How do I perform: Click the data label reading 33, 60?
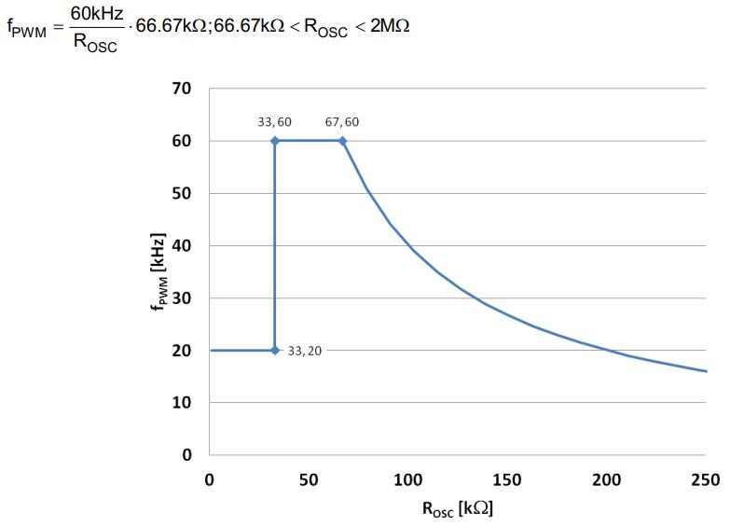[x=275, y=122]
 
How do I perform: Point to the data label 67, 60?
[x=342, y=122]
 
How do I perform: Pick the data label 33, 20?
[x=305, y=351]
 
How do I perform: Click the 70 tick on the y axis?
[x=182, y=88]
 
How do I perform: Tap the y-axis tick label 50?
[x=182, y=193]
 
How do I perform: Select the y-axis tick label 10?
[x=182, y=403]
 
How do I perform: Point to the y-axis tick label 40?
[x=182, y=245]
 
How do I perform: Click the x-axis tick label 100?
[x=407, y=480]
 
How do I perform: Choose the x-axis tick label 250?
[x=706, y=480]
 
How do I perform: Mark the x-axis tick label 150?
[x=507, y=480]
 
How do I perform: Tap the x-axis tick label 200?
[x=607, y=480]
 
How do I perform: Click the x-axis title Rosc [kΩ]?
[x=458, y=509]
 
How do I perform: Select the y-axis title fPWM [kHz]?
[x=158, y=271]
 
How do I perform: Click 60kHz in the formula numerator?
[x=97, y=13]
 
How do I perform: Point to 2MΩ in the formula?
[x=390, y=25]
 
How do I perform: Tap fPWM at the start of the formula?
[x=26, y=28]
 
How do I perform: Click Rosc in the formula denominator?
[x=95, y=43]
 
